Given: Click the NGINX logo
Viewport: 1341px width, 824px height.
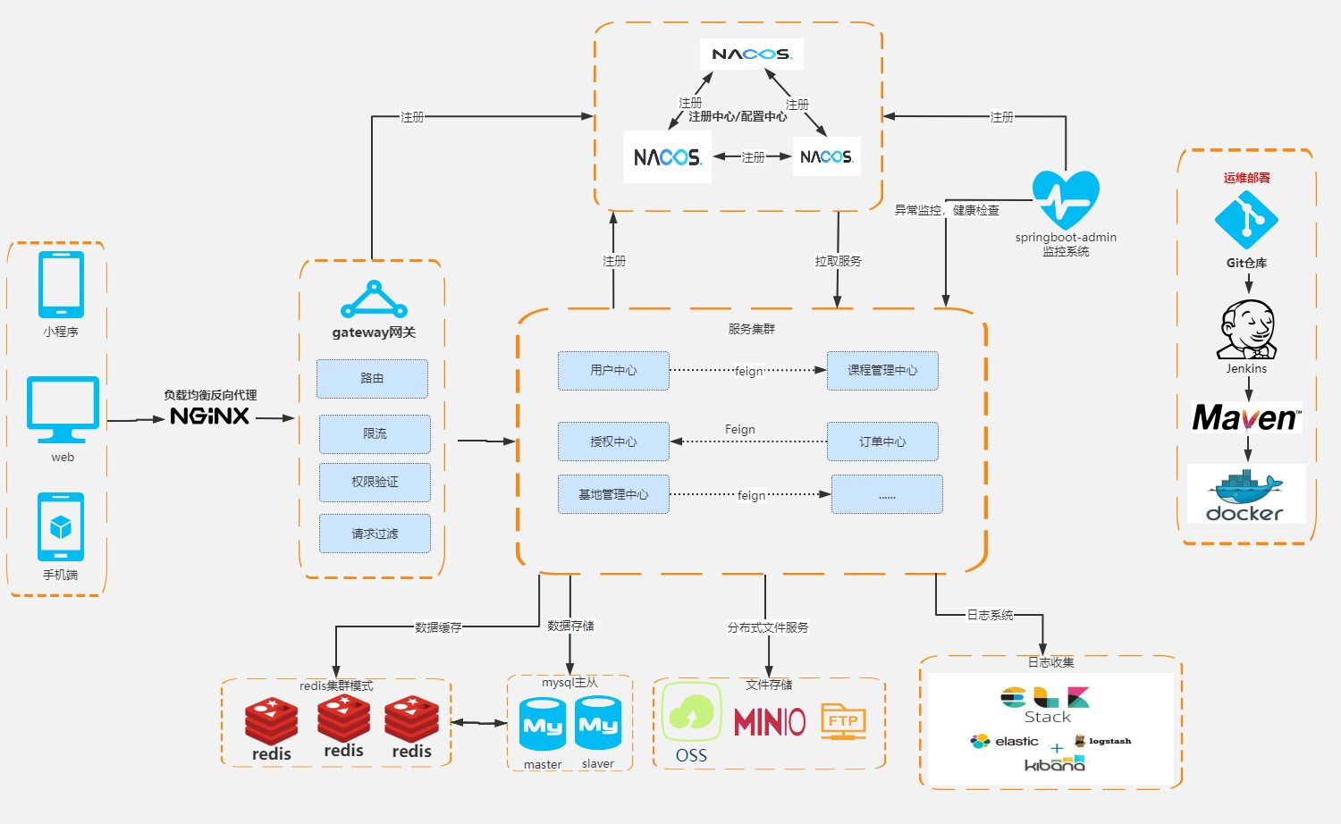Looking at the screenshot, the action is pos(209,416).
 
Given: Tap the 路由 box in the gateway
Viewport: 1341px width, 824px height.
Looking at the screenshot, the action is pos(373,379).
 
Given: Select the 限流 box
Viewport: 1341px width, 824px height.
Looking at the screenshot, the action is pos(375,433).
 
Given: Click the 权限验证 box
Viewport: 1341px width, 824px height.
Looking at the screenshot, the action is pos(375,483).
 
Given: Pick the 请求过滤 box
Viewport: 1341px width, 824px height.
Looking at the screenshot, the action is pos(375,534).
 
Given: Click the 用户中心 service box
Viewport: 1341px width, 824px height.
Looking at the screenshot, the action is pos(613,370).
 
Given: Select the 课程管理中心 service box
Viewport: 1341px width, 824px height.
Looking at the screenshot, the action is pos(882,370).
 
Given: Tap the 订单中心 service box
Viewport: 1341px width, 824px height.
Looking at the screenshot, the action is pos(882,441).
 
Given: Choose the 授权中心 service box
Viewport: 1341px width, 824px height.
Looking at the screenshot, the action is pos(613,441).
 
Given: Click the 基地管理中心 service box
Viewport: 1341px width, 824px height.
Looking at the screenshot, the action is pos(613,494).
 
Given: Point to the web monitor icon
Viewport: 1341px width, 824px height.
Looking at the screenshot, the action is pos(63,410).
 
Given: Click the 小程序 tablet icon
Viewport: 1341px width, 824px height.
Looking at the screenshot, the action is pos(61,285).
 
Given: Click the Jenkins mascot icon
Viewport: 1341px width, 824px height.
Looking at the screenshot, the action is pos(1246,330).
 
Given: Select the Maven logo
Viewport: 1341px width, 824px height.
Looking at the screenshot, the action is pos(1247,417).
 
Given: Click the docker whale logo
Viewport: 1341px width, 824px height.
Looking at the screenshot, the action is pos(1246,494).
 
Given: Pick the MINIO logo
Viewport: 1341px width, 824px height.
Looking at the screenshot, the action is pos(770,722).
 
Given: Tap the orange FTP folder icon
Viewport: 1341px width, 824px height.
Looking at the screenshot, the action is pos(844,721).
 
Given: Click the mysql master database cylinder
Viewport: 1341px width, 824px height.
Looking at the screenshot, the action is pos(543,724).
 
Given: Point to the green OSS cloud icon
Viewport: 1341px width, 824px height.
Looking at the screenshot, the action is pos(691,712).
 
